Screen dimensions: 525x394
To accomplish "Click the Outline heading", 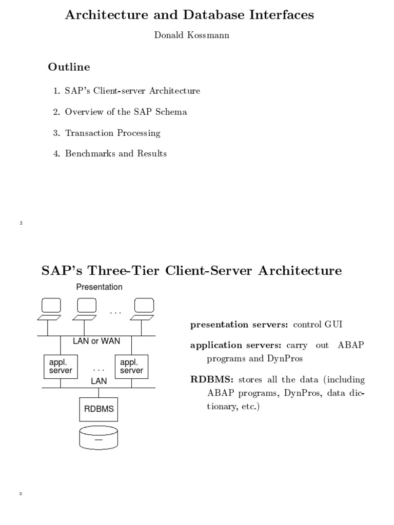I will tap(69, 67).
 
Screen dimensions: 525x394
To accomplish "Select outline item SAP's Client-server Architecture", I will tap(132, 91).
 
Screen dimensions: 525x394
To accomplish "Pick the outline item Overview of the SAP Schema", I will tap(126, 112).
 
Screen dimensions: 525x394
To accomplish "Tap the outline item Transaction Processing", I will tap(112, 133).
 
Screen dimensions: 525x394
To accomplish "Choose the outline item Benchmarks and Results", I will tap(115, 154).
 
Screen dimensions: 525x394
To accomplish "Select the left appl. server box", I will tap(61, 366).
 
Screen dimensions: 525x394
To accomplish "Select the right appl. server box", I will tap(131, 366).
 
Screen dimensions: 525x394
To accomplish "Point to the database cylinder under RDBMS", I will tap(98, 438).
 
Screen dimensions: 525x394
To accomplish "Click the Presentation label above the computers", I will tap(100, 287).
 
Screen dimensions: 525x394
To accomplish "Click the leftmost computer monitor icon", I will tap(50, 306).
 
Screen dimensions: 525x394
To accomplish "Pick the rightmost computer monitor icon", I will tap(144, 306).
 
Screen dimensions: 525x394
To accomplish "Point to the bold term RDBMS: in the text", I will tap(212, 380).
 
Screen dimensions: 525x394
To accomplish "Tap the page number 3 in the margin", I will tap(21, 494).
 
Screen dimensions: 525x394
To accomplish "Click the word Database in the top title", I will tap(222, 15).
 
